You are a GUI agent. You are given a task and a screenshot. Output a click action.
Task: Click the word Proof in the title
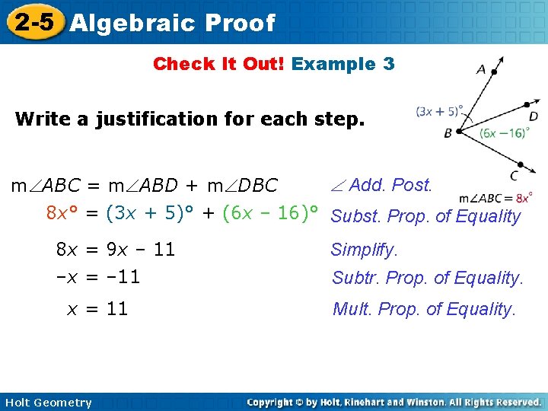tap(239, 23)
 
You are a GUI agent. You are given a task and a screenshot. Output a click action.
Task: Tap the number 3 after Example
tap(389, 64)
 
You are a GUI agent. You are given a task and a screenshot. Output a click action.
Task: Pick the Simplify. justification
tap(364, 250)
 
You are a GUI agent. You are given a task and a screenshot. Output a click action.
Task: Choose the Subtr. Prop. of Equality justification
tap(427, 279)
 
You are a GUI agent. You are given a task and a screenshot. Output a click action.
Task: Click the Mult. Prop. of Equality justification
tap(424, 309)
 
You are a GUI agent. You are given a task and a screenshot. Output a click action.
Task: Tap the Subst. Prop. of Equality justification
tap(425, 217)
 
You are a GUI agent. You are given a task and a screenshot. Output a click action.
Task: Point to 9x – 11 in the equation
tap(141, 249)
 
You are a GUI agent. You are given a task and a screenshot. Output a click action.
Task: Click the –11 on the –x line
tap(123, 277)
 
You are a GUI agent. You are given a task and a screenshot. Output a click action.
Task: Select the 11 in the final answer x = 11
tap(117, 308)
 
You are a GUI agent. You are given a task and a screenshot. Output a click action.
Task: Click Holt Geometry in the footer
tap(46, 403)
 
